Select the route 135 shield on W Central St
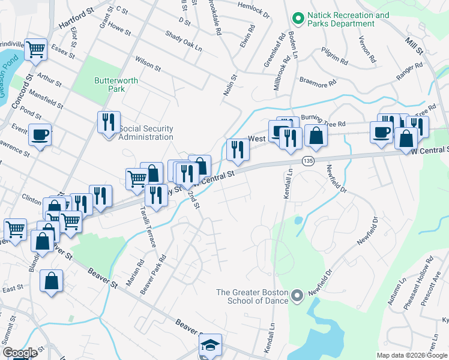click(x=308, y=161)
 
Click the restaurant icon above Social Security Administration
click(x=109, y=122)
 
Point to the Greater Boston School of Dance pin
click(x=297, y=296)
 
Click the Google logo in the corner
click(x=20, y=353)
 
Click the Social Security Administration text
click(x=146, y=133)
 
